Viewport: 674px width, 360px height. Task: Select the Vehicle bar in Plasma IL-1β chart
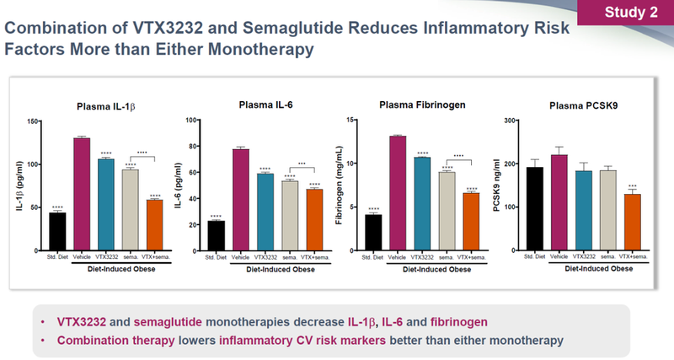coord(82,194)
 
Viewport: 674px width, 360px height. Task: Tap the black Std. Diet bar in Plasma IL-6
coord(217,235)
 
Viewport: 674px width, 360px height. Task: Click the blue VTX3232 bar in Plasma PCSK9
coord(585,211)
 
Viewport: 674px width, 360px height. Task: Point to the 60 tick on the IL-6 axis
coord(192,174)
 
